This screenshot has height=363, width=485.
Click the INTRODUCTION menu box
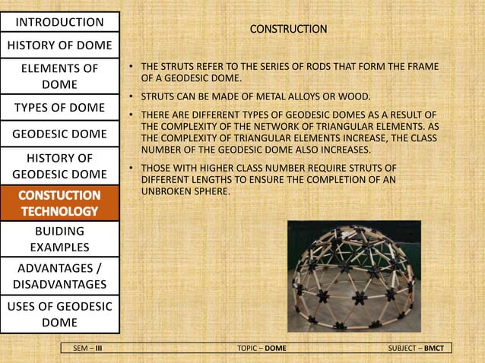tap(60, 21)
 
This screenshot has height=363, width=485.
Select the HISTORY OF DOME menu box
tap(60, 44)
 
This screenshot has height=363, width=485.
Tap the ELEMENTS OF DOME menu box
tap(60, 76)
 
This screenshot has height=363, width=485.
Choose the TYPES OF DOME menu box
tap(60, 107)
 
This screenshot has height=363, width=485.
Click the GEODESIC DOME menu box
tap(60, 134)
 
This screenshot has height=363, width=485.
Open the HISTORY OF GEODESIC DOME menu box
tap(60, 166)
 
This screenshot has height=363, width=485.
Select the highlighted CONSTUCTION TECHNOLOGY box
tap(60, 203)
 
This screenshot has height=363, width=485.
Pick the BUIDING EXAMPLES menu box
tap(60, 238)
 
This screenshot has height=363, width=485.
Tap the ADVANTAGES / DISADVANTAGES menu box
tap(60, 275)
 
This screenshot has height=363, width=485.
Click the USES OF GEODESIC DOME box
tap(60, 314)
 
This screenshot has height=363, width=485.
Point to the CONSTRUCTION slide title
tap(289, 29)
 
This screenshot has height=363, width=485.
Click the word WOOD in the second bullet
tap(355, 97)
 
